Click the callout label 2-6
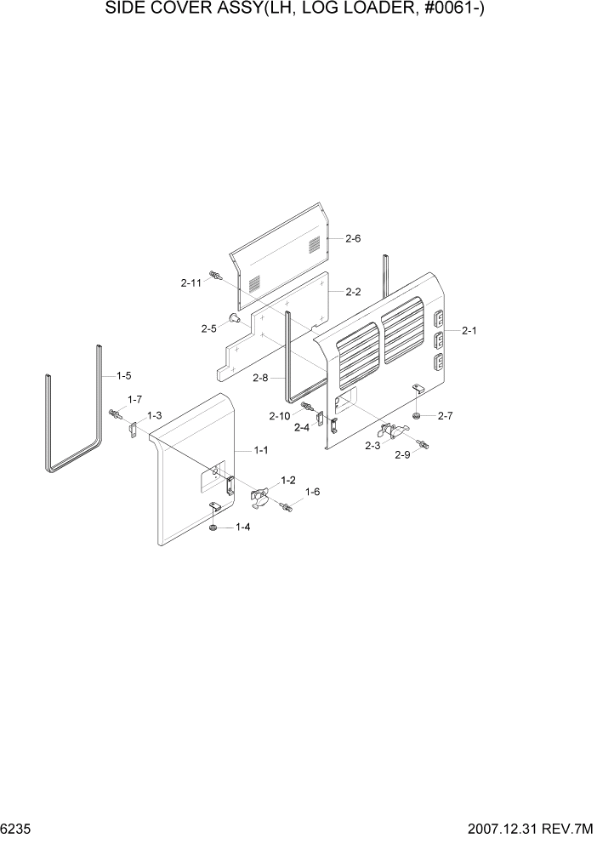pos(354,239)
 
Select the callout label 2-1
pos(469,331)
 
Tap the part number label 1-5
pos(123,375)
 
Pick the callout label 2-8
pos(262,377)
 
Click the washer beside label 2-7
pos(417,415)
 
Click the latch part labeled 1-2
pos(260,495)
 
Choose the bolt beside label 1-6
pos(286,507)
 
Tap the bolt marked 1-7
pos(115,414)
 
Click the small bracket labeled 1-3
pos(133,432)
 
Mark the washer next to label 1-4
pos(213,528)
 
